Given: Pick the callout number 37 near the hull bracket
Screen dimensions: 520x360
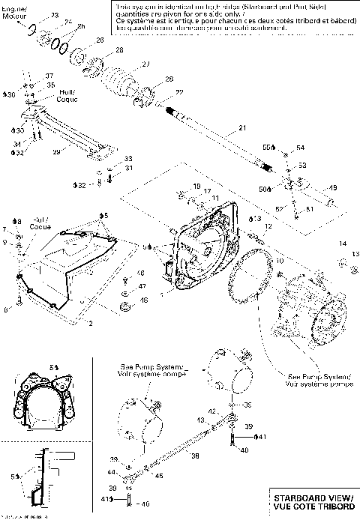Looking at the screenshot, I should (x=49, y=76).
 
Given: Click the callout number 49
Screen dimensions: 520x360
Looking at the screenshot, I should (x=333, y=187).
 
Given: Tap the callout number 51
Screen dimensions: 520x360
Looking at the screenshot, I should (x=306, y=211).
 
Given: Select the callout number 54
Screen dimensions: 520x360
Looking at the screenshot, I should (x=300, y=148).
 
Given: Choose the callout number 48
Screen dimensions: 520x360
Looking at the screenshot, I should (x=144, y=300).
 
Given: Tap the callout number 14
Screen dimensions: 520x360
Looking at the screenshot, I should (x=341, y=244).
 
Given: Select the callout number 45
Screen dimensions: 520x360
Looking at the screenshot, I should (x=158, y=474).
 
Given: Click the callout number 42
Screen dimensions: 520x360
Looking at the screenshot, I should (x=212, y=411).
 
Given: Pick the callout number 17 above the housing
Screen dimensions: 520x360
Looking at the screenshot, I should (x=208, y=192).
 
